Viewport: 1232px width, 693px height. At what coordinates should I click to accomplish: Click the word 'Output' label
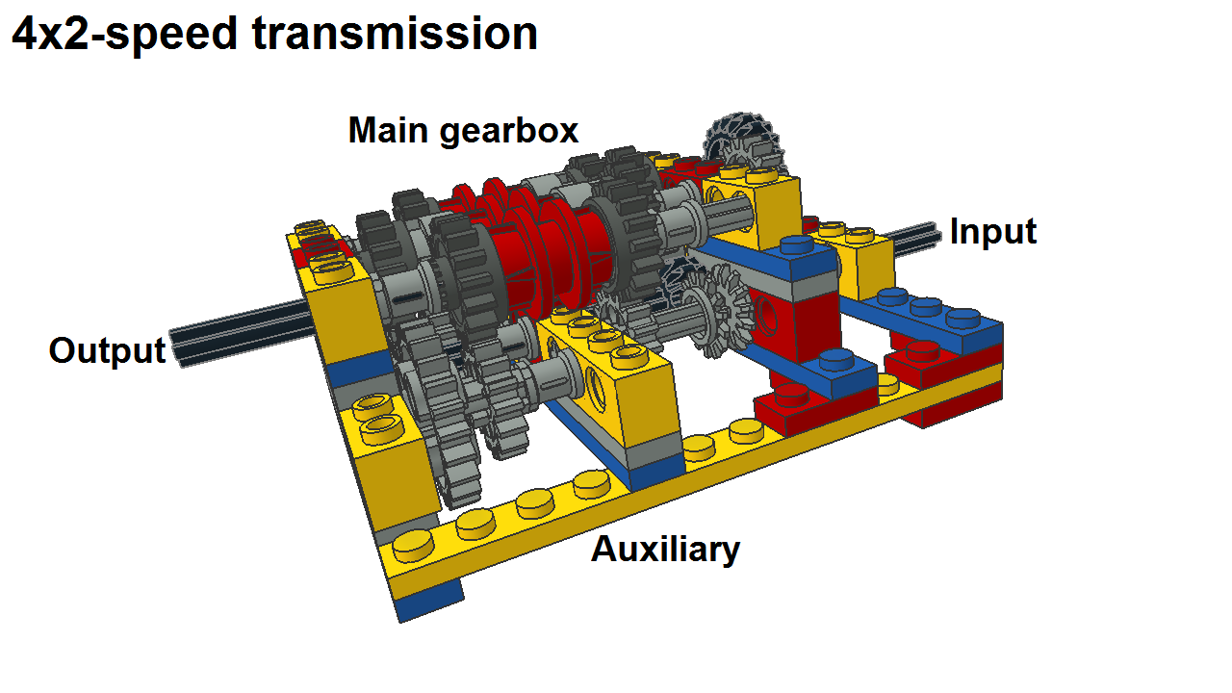tap(107, 351)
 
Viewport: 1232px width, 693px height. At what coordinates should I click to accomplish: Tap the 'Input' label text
tap(993, 232)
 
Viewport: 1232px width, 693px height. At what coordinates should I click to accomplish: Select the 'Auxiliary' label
tap(665, 550)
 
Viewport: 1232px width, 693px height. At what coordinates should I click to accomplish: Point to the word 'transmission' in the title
tap(395, 34)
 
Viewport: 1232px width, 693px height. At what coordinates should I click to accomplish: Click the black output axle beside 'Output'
tap(242, 334)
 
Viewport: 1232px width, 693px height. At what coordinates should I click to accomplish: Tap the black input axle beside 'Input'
tap(913, 238)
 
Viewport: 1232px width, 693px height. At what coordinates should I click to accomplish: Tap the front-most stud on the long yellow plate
tap(413, 546)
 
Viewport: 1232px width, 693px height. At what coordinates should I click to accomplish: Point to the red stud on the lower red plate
tap(792, 395)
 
